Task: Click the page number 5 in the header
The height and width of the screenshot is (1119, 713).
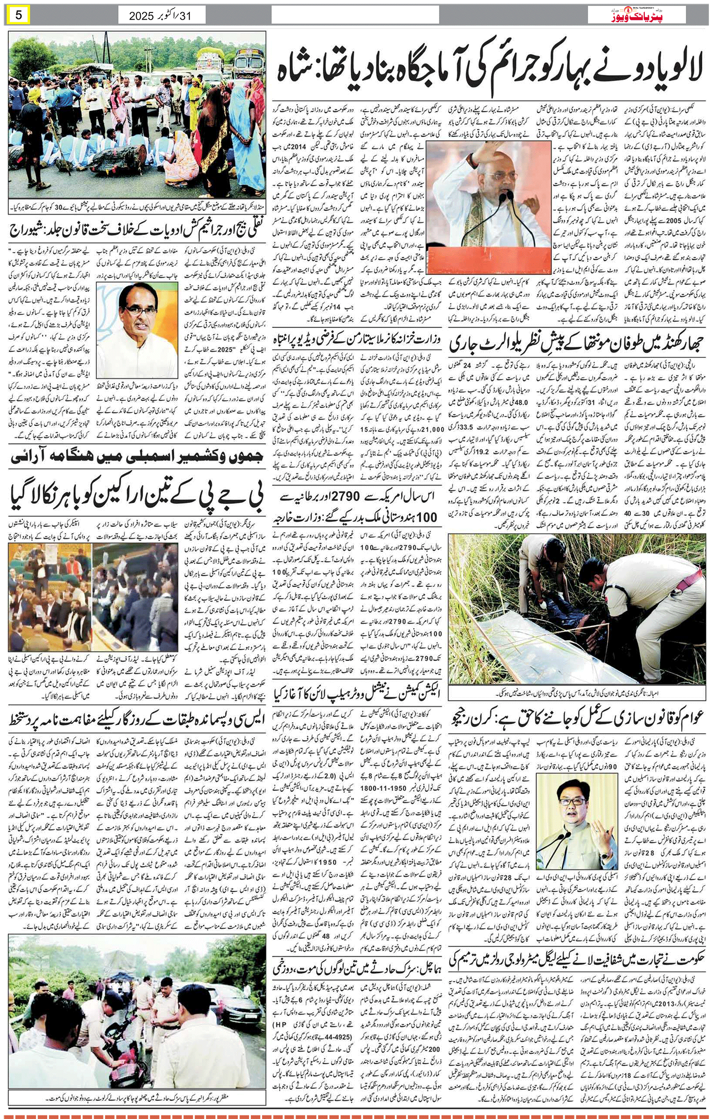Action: click(19, 14)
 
